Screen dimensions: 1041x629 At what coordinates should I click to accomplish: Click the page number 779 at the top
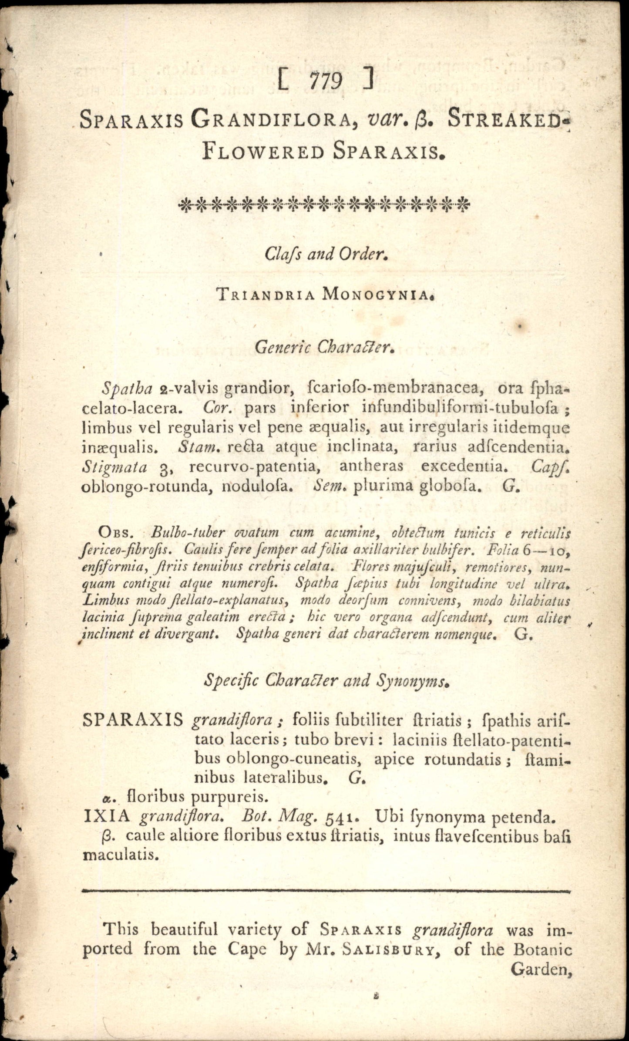[326, 81]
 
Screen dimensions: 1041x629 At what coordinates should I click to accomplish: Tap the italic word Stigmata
[114, 467]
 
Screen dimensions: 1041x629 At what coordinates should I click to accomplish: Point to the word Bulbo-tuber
[187, 533]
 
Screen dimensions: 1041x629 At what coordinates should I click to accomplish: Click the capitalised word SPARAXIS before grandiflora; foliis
[133, 720]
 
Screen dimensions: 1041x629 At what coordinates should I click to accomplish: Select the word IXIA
[106, 816]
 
